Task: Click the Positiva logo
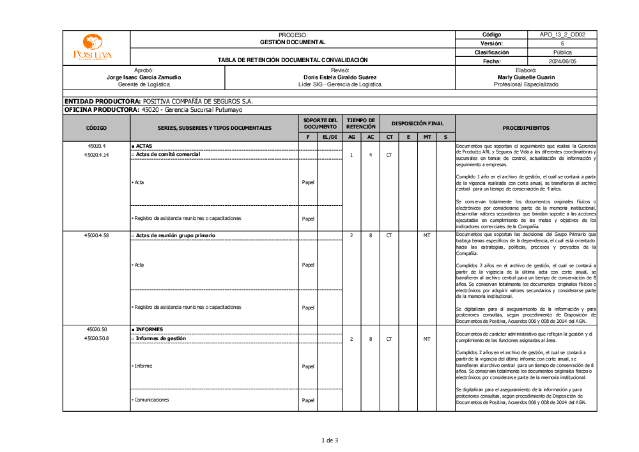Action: (x=93, y=48)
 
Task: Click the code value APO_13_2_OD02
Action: (x=562, y=35)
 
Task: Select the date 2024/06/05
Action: (x=562, y=61)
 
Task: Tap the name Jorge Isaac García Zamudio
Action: (x=144, y=77)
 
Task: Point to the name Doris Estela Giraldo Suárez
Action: (x=340, y=77)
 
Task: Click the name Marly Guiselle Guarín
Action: (x=526, y=77)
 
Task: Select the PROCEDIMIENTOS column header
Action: (x=526, y=128)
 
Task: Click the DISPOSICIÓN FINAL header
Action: (x=417, y=123)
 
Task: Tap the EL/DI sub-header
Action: (x=330, y=137)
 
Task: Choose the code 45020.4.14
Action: (x=96, y=155)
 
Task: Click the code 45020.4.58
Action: (x=96, y=236)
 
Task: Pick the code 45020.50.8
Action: (x=96, y=338)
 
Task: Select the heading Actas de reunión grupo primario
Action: (x=176, y=236)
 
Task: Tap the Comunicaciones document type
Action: (x=151, y=400)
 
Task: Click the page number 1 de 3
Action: (x=330, y=440)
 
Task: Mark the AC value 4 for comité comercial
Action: (x=371, y=155)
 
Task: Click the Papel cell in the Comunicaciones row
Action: (x=308, y=400)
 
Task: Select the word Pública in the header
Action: (x=562, y=52)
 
